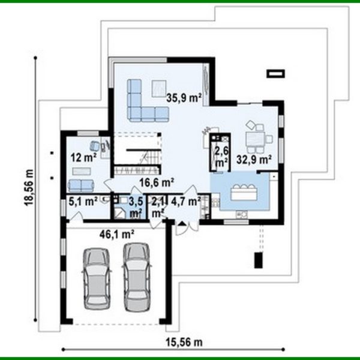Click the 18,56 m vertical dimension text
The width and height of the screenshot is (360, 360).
tap(29, 187)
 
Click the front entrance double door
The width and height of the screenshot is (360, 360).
tap(183, 224)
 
